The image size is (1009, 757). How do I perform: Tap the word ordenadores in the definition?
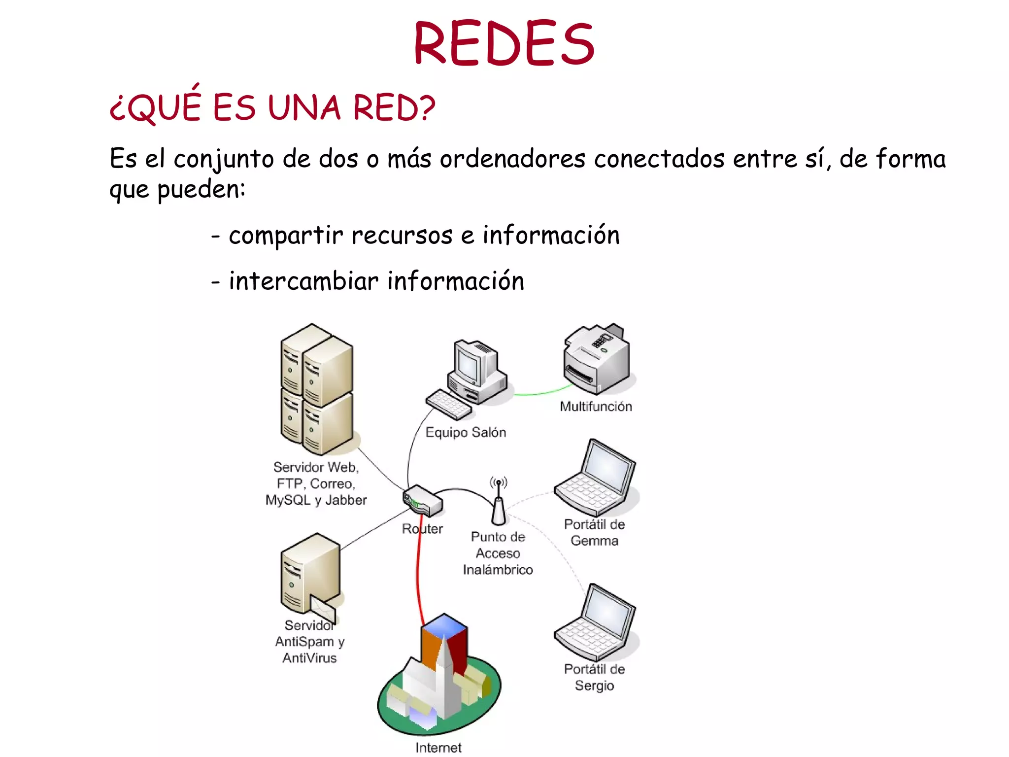coord(512,159)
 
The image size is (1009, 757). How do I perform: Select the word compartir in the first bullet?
coord(286,236)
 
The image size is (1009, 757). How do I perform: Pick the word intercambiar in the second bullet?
coord(303,281)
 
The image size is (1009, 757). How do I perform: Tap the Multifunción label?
coord(596,407)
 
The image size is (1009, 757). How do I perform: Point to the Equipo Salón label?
coord(466,432)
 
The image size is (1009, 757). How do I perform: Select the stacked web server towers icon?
coord(317,389)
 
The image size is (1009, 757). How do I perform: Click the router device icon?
coord(423,501)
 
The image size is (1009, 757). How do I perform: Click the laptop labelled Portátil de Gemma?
coord(596,478)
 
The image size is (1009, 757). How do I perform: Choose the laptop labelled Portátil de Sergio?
coord(596,623)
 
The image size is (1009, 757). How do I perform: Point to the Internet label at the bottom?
coord(438,748)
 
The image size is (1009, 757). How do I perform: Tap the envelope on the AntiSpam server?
coord(323,609)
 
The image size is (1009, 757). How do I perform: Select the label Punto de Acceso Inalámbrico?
coord(498,553)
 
